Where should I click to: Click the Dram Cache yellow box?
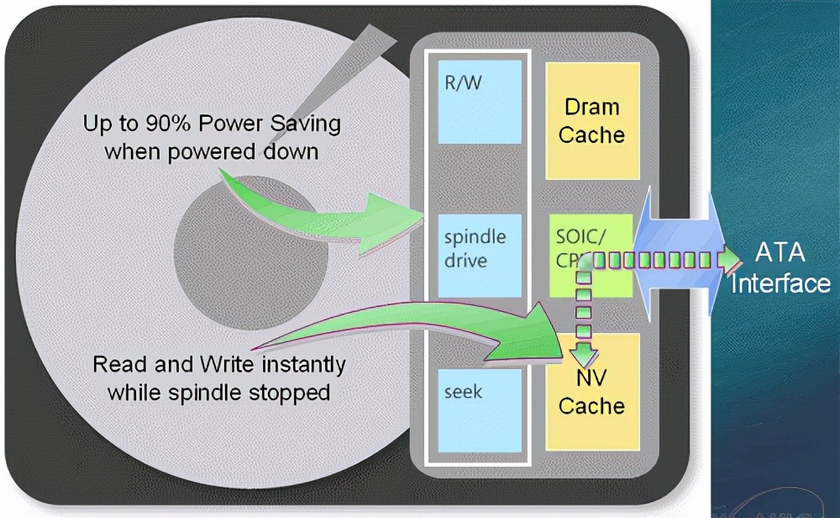click(x=591, y=120)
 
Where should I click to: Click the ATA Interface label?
click(x=780, y=267)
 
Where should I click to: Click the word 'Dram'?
click(x=591, y=107)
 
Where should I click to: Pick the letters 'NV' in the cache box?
click(x=591, y=378)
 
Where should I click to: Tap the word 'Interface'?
click(x=780, y=283)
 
